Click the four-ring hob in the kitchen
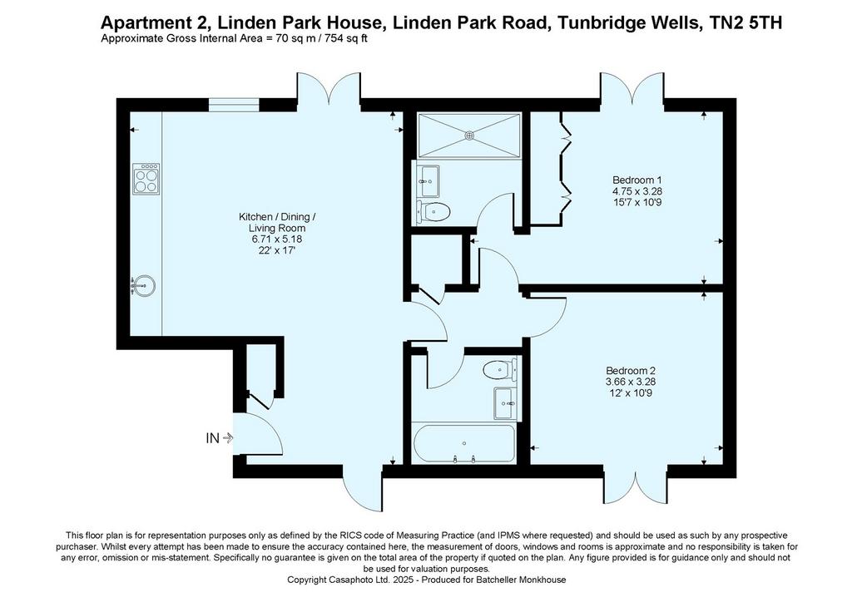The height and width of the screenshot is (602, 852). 146,179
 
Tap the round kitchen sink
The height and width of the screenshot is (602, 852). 144,285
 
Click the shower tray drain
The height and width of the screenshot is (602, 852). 470,135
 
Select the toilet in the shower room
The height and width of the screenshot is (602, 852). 433,212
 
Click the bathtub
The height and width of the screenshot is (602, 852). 463,443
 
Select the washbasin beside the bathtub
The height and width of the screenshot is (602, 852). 505,403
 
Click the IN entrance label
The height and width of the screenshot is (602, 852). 212,438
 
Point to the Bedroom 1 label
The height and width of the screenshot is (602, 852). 637,180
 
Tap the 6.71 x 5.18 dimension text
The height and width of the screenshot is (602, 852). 276,239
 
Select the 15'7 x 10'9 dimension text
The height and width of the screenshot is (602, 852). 637,203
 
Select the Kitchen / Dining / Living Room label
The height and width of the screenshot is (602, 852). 277,222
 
